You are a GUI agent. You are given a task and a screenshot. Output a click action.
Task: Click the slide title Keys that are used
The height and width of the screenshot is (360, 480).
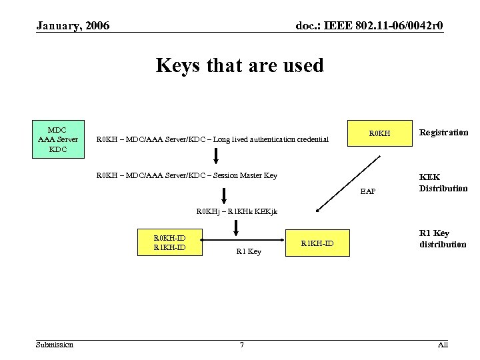pos(239,65)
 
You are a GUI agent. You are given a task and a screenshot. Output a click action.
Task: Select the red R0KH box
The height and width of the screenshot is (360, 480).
pos(378,134)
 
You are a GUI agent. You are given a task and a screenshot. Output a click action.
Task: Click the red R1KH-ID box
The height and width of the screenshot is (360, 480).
pos(317,243)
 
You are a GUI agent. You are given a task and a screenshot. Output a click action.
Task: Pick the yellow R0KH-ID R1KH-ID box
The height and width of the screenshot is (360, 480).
pos(169,243)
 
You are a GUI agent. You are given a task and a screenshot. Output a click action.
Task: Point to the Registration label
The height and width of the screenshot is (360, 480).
pos(443,132)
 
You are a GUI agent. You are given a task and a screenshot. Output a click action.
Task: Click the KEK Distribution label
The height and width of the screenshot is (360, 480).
pos(443,183)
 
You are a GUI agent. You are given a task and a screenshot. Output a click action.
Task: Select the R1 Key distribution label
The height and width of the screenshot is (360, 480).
pos(442,239)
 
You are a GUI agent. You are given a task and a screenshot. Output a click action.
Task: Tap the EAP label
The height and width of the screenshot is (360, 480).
pos(368,191)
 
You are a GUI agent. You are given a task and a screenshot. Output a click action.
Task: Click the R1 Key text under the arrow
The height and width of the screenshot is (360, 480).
pos(249,252)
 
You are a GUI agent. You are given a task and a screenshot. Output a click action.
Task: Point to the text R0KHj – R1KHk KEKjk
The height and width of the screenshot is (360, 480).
pos(237,211)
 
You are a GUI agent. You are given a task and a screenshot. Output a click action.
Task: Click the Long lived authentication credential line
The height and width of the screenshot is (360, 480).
pos(213,139)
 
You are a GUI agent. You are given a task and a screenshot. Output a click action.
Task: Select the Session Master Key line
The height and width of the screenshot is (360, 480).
pos(187,176)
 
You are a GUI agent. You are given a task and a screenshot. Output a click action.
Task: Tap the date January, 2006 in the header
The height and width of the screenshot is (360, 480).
pos(73,26)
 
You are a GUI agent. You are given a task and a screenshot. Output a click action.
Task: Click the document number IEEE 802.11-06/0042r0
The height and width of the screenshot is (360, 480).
pos(369,26)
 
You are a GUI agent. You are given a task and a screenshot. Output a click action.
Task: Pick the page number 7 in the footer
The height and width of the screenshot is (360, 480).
pos(241,345)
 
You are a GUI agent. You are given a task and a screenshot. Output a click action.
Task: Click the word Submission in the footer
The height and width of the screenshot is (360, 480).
pos(55,344)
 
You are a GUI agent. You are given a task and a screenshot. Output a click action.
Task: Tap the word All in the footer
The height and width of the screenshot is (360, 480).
pos(443,344)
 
